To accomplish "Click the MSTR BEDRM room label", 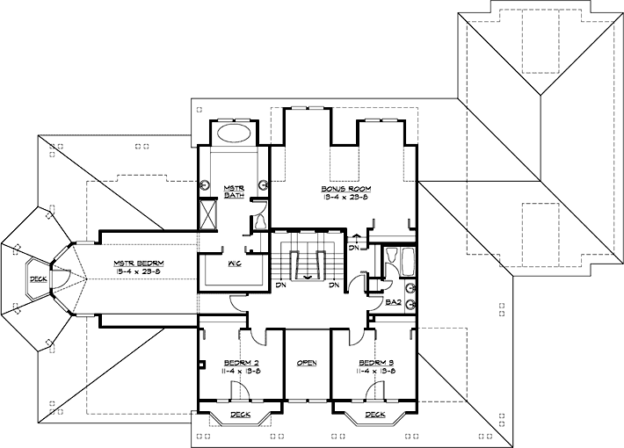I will pos(135,263).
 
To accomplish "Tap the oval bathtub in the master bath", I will pos(235,134).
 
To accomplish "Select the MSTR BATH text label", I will pos(234,192).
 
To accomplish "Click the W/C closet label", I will pos(234,264).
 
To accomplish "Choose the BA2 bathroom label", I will pos(394,302).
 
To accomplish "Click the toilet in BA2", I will pos(410,287).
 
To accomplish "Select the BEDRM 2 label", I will pos(240,362).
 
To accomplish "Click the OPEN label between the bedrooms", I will pos(307,362).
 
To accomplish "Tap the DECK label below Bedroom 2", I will pos(239,415).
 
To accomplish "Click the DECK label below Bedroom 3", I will pos(374,415).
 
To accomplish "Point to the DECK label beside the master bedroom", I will pos(39,280).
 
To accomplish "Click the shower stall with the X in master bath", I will pos(207,215).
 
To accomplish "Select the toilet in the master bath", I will pos(260,222).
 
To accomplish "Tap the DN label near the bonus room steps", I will pos(353,248).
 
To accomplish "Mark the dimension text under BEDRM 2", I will pos(240,372).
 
